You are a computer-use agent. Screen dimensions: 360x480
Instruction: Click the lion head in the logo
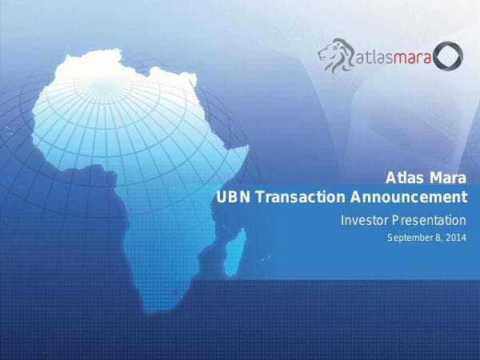pos(334,56)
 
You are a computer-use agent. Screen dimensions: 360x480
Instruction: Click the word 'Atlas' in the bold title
pos(404,178)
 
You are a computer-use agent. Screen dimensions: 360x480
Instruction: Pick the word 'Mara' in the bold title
pos(446,178)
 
